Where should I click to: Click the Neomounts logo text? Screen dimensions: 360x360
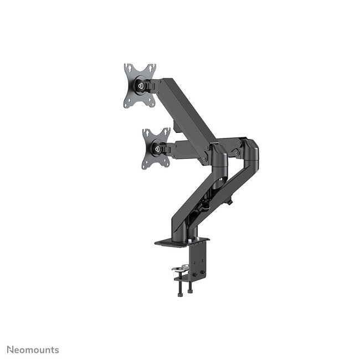click(x=33, y=349)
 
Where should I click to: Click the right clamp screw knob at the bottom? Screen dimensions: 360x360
click(x=189, y=290)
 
